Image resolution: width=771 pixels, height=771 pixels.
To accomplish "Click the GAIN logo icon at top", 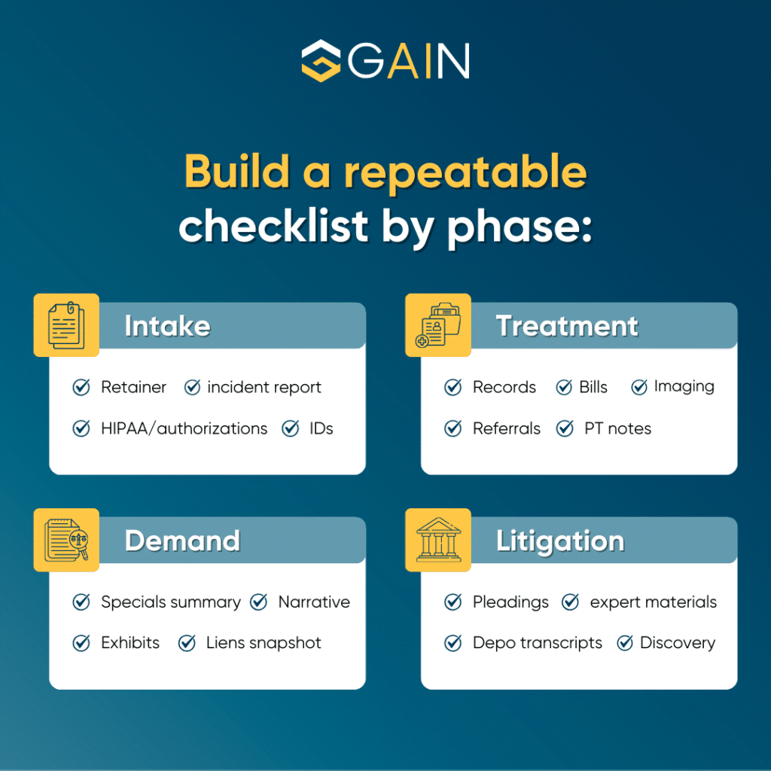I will pyautogui.click(x=322, y=60).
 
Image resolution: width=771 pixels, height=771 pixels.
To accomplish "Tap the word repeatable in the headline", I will pyautogui.click(x=465, y=172).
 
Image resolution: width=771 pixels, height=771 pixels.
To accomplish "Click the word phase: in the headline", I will pyautogui.click(x=519, y=225).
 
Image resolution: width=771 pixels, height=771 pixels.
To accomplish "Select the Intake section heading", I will pyautogui.click(x=167, y=326).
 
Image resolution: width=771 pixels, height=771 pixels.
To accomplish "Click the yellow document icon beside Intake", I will pyautogui.click(x=66, y=325).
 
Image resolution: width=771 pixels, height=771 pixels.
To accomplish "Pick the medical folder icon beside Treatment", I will pyautogui.click(x=438, y=325).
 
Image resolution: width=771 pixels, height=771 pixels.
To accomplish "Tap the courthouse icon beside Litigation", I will pyautogui.click(x=438, y=540).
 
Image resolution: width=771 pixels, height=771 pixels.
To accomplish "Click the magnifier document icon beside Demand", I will pyautogui.click(x=66, y=540).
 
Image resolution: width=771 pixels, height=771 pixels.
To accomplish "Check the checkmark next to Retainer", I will pyautogui.click(x=81, y=388).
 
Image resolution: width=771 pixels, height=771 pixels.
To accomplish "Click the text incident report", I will pyautogui.click(x=264, y=388).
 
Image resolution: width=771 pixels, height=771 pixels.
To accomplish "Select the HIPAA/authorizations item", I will pyautogui.click(x=184, y=428).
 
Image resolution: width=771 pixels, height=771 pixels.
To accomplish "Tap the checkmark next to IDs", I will pyautogui.click(x=291, y=428).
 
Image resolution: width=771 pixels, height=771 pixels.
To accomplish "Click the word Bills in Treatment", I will pyautogui.click(x=593, y=388).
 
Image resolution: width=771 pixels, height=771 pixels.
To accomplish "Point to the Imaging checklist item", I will pyautogui.click(x=684, y=387).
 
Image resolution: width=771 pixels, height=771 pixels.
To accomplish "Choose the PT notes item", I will pyautogui.click(x=617, y=428).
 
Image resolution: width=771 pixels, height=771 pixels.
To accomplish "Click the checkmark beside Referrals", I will pyautogui.click(x=453, y=428).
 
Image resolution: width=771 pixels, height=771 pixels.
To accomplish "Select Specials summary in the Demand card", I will pyautogui.click(x=170, y=602).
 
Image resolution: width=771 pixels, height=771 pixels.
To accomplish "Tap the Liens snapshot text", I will pyautogui.click(x=264, y=643).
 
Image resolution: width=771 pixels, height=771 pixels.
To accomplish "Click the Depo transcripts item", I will pyautogui.click(x=537, y=643).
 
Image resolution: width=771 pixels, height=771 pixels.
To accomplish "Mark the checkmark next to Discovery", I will pyautogui.click(x=625, y=643).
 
